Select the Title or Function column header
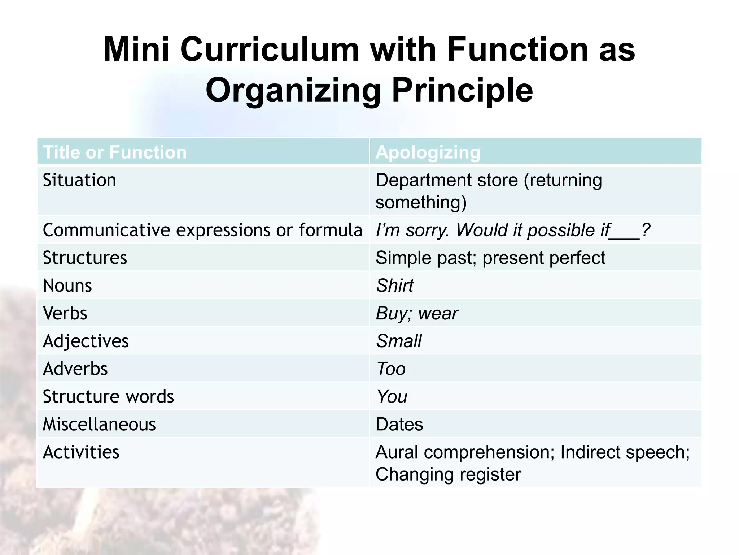click(x=115, y=152)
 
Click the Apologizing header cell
click(x=428, y=152)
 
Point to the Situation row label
click(x=79, y=180)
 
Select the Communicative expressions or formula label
click(x=202, y=230)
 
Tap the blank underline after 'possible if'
click(x=625, y=235)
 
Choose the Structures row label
click(x=85, y=258)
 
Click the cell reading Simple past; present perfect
click(x=490, y=258)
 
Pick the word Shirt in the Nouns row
click(x=395, y=285)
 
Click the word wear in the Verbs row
click(x=438, y=313)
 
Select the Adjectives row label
click(x=86, y=341)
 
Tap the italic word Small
click(x=399, y=341)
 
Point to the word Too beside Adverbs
click(x=391, y=369)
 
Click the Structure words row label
click(x=108, y=396)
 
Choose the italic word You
click(x=392, y=396)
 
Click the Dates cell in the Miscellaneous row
click(x=399, y=424)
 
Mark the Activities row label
click(x=81, y=452)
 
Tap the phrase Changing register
click(x=448, y=474)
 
